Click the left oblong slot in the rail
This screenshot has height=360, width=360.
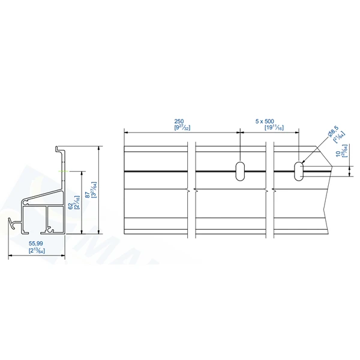(240, 170)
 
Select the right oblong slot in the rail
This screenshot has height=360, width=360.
(298, 170)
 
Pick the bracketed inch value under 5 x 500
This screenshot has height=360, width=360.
(272, 127)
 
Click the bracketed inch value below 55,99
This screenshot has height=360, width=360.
(37, 251)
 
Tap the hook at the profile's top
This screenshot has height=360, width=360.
(59, 148)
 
